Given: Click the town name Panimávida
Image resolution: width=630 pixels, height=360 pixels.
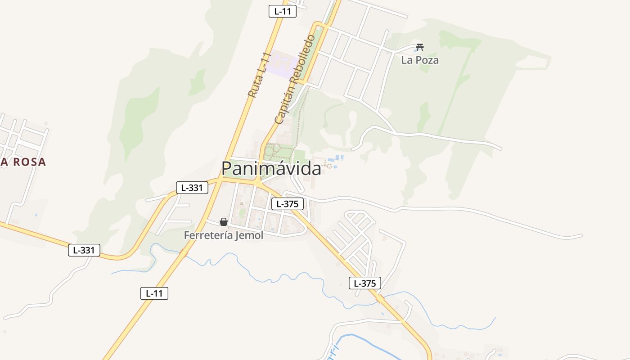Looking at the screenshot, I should [x=271, y=168].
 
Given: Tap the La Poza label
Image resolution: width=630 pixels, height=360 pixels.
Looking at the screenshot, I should [x=420, y=60].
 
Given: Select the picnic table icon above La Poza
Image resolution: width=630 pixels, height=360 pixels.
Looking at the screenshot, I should [x=420, y=46].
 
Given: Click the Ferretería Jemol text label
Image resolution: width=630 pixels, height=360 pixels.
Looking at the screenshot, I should [x=224, y=235].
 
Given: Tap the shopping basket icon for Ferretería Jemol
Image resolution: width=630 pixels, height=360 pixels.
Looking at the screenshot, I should [x=224, y=222].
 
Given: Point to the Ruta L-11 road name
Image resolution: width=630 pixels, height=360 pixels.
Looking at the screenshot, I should [x=260, y=75].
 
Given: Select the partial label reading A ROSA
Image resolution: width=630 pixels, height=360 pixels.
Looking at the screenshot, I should [x=23, y=162].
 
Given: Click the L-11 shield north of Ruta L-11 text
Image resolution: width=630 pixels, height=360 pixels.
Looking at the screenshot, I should [x=283, y=12].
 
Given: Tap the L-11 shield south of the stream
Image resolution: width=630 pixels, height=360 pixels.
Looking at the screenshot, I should [x=154, y=293].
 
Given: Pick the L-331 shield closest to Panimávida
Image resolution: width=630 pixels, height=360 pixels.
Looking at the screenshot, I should [x=192, y=188].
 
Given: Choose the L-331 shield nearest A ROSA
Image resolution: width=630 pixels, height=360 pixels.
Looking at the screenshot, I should [x=84, y=250].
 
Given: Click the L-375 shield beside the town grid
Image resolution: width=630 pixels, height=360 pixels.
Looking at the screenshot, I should [x=288, y=204].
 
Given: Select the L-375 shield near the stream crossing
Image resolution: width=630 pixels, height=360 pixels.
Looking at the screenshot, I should [x=365, y=283].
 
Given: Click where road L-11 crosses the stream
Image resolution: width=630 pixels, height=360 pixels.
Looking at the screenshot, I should [x=184, y=253].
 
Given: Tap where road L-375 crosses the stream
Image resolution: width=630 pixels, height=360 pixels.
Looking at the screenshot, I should [x=380, y=299].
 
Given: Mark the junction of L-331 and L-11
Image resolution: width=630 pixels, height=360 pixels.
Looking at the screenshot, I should [x=219, y=180].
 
